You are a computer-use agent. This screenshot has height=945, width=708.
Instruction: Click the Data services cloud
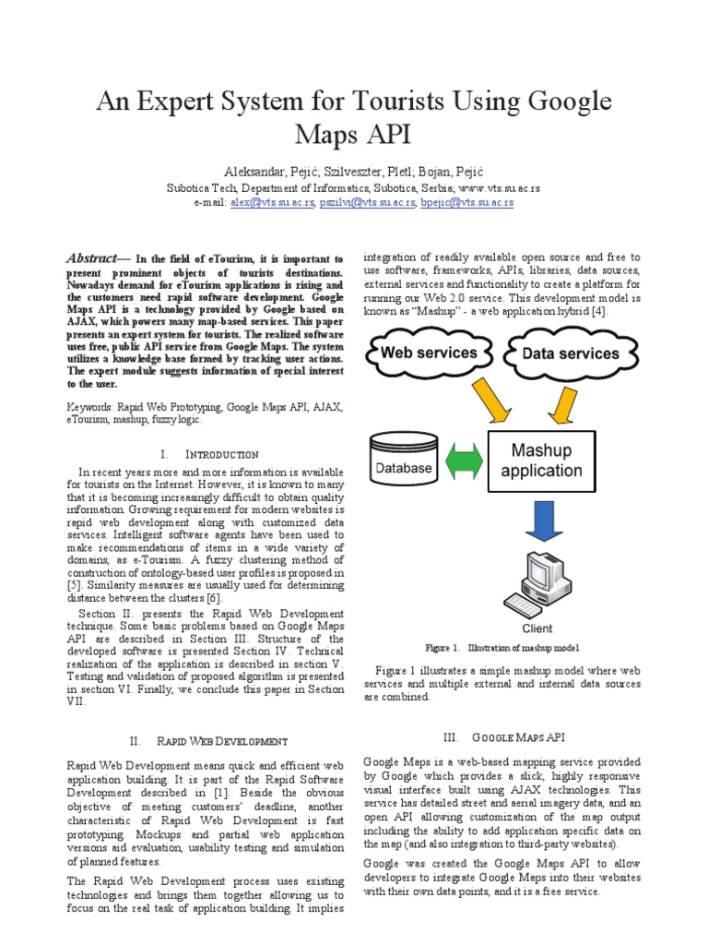[570, 353]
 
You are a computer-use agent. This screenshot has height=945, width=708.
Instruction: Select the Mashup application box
[540, 461]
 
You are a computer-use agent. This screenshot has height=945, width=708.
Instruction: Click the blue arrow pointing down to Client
[540, 523]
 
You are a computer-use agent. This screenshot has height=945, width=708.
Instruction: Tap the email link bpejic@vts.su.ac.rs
[466, 202]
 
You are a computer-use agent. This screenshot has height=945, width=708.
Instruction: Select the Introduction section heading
[222, 455]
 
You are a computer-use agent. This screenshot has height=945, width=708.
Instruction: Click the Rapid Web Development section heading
[222, 741]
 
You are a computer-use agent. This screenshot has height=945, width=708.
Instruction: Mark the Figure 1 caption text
[502, 648]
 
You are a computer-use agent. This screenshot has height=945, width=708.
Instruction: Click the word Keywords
[89, 406]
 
